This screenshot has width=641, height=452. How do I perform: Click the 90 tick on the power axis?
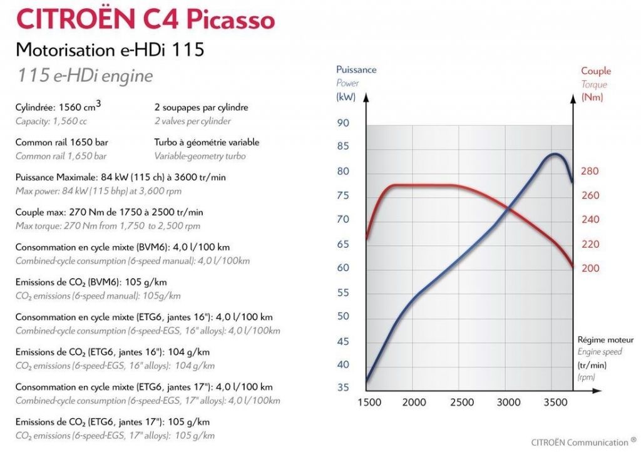(x=343, y=123)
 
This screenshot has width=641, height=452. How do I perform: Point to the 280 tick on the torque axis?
(x=590, y=171)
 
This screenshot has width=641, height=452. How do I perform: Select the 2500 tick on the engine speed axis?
(x=461, y=402)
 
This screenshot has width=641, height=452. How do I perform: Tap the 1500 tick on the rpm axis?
(x=369, y=402)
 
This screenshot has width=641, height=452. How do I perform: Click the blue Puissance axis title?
(x=356, y=69)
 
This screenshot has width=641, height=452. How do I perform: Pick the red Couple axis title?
(x=595, y=71)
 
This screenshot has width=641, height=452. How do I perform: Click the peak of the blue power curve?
(x=554, y=153)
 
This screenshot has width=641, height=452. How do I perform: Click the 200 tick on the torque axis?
(x=590, y=268)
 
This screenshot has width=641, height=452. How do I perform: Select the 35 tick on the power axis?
(x=343, y=388)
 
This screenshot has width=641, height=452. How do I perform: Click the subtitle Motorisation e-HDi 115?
(x=110, y=49)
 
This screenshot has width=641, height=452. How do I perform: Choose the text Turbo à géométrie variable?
(x=207, y=142)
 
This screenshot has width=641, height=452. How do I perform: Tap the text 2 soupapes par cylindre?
(x=201, y=107)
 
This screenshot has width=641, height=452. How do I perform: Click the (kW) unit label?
(x=346, y=97)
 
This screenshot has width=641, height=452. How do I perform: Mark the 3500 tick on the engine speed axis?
(x=553, y=402)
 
